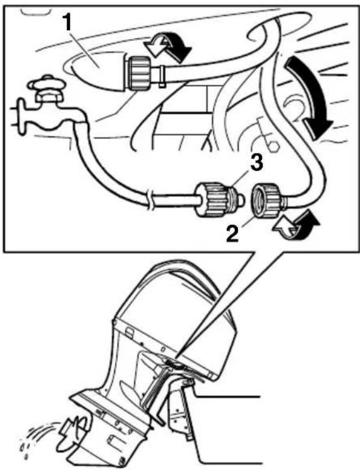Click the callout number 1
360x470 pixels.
[68, 23]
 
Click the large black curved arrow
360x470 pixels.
[312, 96]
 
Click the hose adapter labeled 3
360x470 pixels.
[219, 200]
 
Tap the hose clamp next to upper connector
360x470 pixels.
[162, 77]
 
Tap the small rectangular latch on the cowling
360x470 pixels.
[129, 332]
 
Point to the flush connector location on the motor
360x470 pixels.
[174, 363]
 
